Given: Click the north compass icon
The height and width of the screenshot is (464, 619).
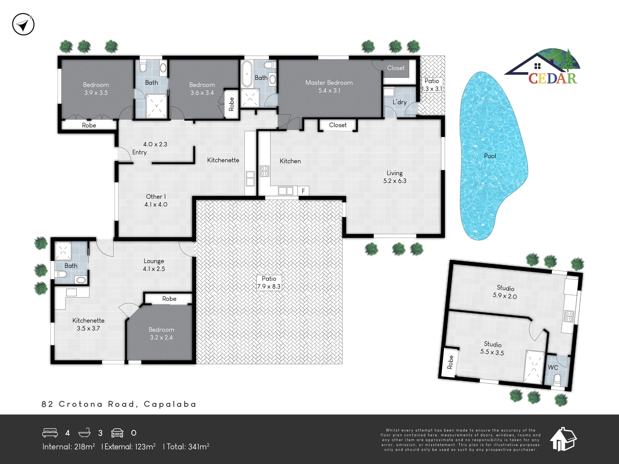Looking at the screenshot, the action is click(x=23, y=24).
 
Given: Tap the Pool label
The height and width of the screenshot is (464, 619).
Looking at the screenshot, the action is click(x=490, y=156).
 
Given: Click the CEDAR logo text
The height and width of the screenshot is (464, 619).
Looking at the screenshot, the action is click(x=553, y=78).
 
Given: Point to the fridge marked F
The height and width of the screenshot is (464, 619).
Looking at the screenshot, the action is click(x=303, y=191).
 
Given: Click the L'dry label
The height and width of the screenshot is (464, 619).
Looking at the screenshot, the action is click(x=400, y=102).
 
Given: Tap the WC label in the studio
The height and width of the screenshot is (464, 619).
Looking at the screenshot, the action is click(x=553, y=367).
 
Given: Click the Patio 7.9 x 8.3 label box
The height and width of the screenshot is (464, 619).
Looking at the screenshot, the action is click(x=269, y=283).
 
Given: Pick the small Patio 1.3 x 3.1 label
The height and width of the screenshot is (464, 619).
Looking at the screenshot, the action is click(x=432, y=85).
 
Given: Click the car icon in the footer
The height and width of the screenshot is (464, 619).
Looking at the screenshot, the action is click(x=117, y=433).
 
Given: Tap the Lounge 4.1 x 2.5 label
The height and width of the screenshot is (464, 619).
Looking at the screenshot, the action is click(x=154, y=265).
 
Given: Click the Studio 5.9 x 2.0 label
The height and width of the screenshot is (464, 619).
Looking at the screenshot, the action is click(x=505, y=292).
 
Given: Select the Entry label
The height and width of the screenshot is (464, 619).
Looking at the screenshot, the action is click(x=139, y=152).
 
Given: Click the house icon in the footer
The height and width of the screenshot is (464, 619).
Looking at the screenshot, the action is click(x=563, y=439).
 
